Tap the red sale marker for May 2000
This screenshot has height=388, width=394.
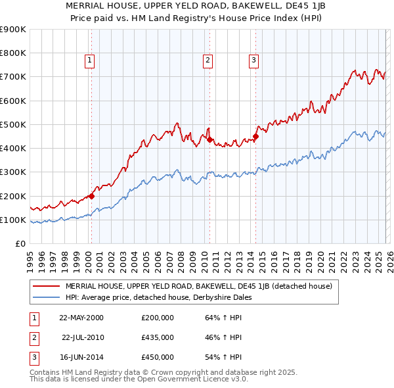(x=92, y=195)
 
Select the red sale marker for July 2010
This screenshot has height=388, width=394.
(x=209, y=139)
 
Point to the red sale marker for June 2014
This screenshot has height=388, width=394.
(x=255, y=136)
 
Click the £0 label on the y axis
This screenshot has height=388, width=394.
(x=20, y=243)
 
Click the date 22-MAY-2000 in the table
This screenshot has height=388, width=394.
(x=81, y=318)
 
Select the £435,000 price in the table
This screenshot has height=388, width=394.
(x=158, y=337)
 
